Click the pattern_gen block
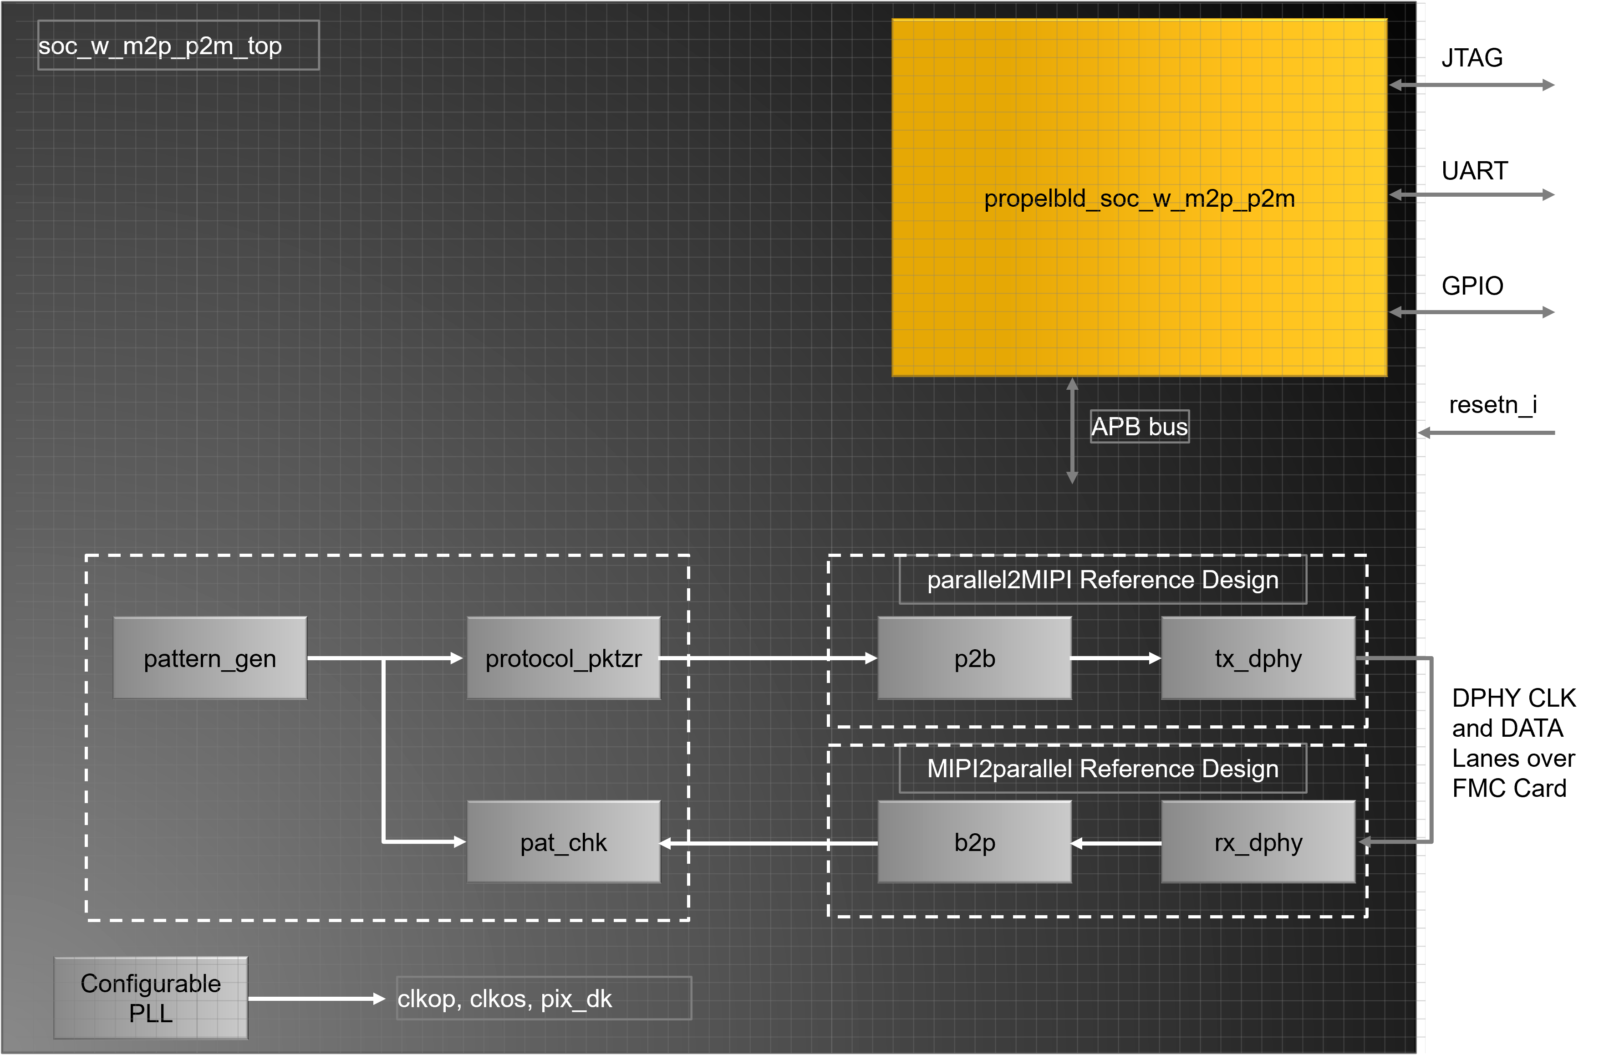(210, 658)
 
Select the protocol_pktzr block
(564, 658)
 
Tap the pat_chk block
(564, 842)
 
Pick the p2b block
(975, 658)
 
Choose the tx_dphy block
(1258, 658)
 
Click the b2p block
(975, 842)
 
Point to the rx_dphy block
(1258, 842)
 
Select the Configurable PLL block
(151, 998)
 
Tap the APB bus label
(1140, 427)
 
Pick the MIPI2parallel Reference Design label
(1103, 769)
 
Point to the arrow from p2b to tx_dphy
(1116, 658)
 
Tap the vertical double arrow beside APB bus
(1072, 431)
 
